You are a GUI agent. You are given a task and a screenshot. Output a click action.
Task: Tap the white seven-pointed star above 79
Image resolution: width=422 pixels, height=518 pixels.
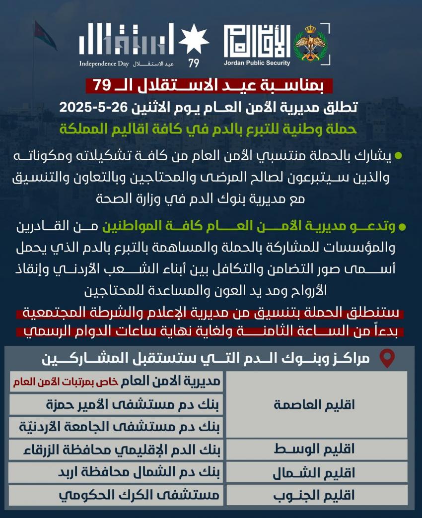coord(193,40)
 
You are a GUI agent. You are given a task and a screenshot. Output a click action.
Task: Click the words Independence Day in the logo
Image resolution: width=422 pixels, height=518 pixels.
coord(104,64)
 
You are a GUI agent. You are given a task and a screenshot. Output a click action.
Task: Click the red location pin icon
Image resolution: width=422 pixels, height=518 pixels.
coord(386,358)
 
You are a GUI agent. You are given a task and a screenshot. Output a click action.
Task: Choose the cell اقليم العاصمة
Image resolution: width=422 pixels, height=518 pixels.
coord(314,404)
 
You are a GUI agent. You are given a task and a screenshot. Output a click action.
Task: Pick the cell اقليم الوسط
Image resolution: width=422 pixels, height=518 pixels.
coord(314,450)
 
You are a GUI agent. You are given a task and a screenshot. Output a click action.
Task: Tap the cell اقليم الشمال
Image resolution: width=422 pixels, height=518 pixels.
coord(314,473)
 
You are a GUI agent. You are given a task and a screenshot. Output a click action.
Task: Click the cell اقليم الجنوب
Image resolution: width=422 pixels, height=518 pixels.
coord(314,495)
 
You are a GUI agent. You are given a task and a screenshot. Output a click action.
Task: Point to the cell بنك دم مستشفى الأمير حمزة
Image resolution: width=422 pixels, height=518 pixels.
coord(116,404)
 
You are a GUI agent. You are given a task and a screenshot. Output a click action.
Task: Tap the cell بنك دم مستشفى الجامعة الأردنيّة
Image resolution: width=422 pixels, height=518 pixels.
coord(116,427)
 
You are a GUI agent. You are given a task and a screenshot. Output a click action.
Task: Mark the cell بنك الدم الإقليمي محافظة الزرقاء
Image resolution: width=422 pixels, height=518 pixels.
coord(116,450)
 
